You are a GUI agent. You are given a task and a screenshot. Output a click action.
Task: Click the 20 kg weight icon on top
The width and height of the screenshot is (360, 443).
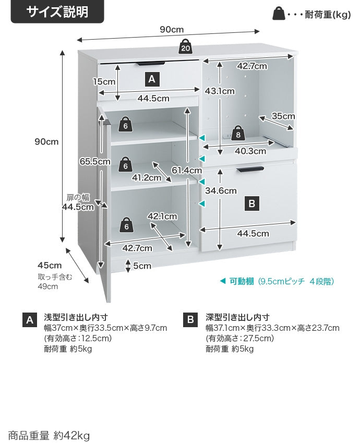pos(185,46)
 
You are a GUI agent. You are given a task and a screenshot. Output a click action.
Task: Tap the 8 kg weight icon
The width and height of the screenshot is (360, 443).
pos(237,133)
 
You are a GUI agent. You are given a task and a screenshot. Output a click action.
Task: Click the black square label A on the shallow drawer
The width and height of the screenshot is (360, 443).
pos(152,79)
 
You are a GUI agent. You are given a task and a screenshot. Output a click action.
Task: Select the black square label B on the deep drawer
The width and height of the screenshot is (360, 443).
pos(252,203)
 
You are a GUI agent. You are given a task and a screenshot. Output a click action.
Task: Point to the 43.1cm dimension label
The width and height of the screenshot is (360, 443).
pos(220,91)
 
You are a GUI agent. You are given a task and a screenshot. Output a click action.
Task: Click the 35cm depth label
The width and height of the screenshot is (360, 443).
pos(283,116)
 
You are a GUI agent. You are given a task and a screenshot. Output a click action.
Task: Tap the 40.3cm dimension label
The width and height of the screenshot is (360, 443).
pos(250,151)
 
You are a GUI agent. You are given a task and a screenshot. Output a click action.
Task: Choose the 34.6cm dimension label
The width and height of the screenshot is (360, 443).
pos(221,190)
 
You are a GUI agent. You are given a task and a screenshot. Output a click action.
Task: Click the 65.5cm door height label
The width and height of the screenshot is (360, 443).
pos(94,162)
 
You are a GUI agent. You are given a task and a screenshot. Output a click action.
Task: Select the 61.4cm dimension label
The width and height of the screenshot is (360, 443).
pos(187,170)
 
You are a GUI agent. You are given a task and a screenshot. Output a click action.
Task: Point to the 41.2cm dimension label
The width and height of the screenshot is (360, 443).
pos(147,178)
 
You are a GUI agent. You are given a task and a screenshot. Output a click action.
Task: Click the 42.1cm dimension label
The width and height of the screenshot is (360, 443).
pos(162,217)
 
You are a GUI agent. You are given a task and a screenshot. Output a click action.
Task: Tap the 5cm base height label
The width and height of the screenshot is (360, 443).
pos(142,266)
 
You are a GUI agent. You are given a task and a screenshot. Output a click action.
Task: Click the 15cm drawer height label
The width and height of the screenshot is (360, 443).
pos(104,82)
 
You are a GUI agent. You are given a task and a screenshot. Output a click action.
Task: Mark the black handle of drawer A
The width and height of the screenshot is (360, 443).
pos(151,63)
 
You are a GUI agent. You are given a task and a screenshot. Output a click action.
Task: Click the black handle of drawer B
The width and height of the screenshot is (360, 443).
pos(250,170)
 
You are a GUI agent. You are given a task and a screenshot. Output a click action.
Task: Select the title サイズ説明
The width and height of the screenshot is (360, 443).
pos(57,12)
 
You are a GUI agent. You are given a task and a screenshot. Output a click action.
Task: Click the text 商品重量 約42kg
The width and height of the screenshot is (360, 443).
pos(49,435)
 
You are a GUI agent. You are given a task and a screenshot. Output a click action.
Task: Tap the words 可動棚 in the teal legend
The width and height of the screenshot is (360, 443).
pos(242,281)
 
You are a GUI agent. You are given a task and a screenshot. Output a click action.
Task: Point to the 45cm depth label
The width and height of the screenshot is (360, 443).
pos(50,266)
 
